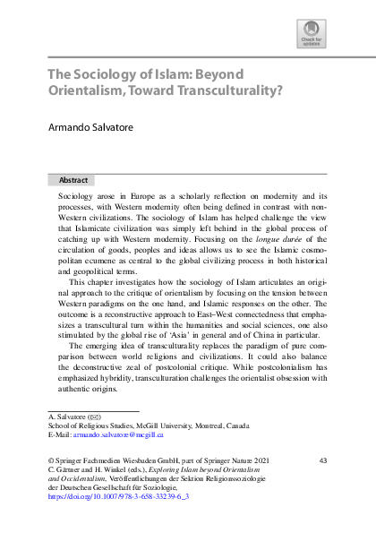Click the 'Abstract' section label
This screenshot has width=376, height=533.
click(73, 179)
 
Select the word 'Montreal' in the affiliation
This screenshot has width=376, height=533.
click(209, 425)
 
